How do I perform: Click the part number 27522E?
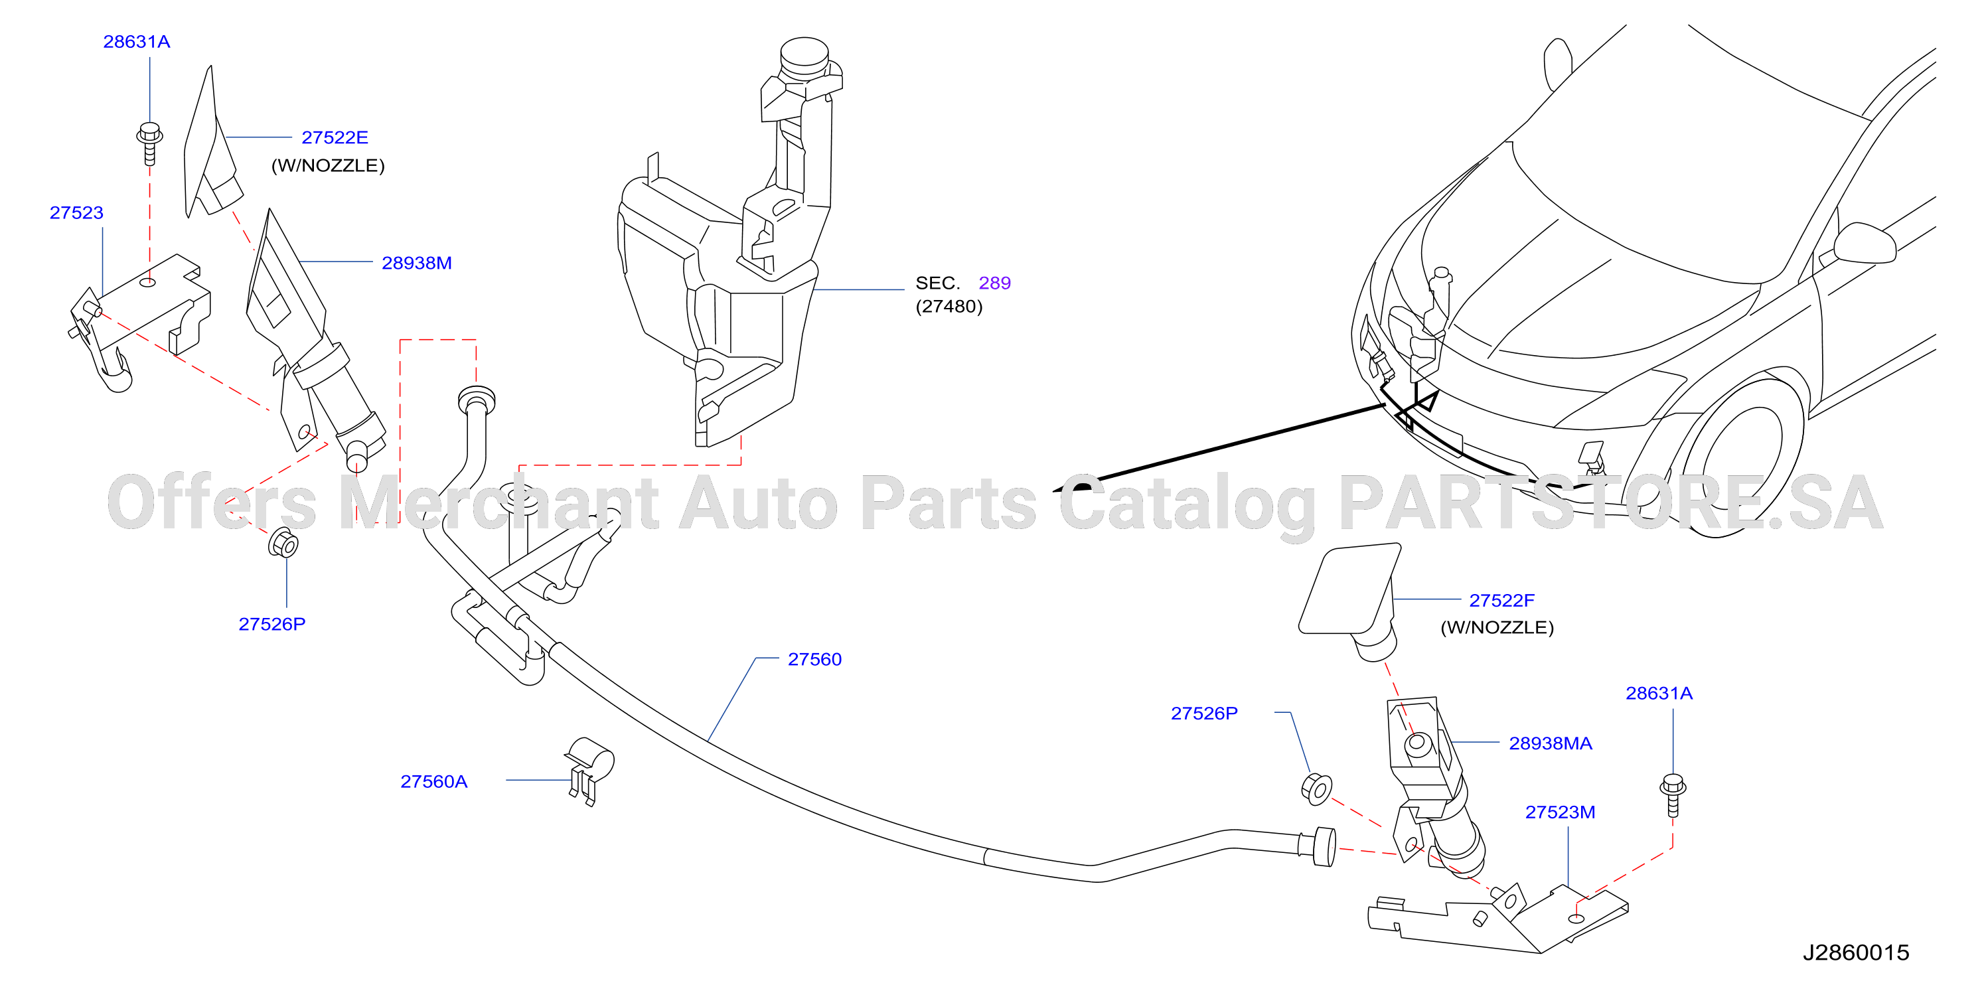click(335, 137)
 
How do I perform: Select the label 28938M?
click(416, 263)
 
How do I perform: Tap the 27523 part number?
click(76, 212)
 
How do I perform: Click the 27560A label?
click(434, 781)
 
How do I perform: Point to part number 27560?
click(814, 659)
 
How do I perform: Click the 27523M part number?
click(1560, 812)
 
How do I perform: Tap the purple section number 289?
click(994, 283)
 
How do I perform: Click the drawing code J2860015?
click(1856, 952)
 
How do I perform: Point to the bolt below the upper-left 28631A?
click(149, 143)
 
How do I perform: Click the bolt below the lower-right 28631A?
click(1672, 795)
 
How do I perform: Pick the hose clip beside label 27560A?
click(590, 771)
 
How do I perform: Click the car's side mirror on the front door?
click(1864, 242)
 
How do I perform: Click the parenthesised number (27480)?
click(949, 307)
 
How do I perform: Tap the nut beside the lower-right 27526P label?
click(1316, 788)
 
